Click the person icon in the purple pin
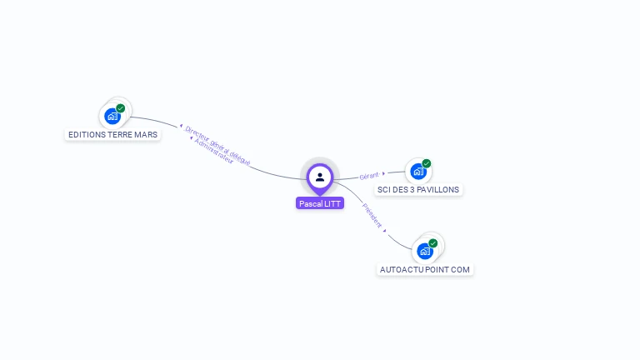pyautogui.click(x=320, y=177)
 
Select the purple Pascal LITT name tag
pyautogui.click(x=320, y=203)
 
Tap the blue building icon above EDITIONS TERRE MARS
pyautogui.click(x=112, y=117)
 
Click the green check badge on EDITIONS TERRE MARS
pyautogui.click(x=121, y=108)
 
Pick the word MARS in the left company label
pyautogui.click(x=146, y=134)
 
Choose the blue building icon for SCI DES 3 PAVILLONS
pyautogui.click(x=418, y=172)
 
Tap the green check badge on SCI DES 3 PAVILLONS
pyautogui.click(x=427, y=163)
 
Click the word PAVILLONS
pyautogui.click(x=439, y=189)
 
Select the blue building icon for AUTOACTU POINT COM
pyautogui.click(x=425, y=251)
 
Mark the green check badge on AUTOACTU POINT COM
pyautogui.click(x=433, y=242)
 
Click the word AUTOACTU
pyautogui.click(x=400, y=270)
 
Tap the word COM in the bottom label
pyautogui.click(x=462, y=270)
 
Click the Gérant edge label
pyautogui.click(x=368, y=176)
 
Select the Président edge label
pyautogui.click(x=372, y=214)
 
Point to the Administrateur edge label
pyautogui.click(x=213, y=155)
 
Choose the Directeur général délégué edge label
pyautogui.click(x=217, y=145)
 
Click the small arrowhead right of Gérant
pyautogui.click(x=383, y=174)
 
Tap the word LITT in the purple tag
pyautogui.click(x=333, y=203)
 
